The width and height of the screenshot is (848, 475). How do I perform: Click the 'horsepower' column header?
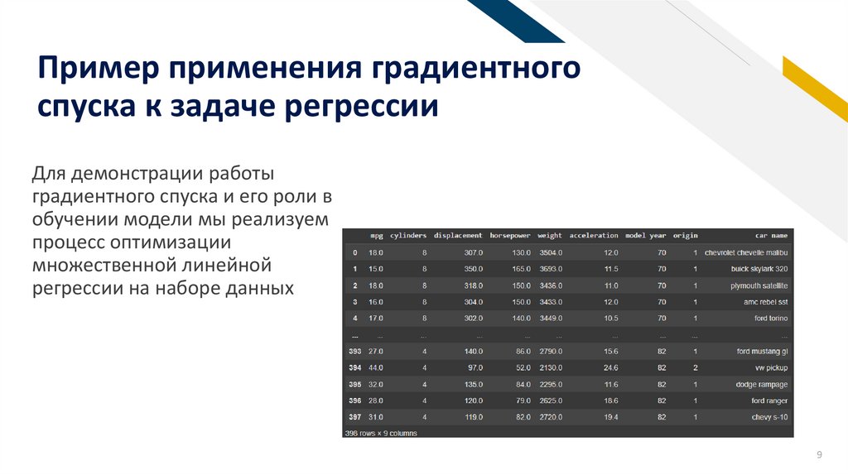[x=509, y=236]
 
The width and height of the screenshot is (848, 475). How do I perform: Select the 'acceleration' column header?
[x=594, y=236]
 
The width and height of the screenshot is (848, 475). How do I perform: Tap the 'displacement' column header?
[x=457, y=236]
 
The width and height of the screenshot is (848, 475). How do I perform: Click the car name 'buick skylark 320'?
[x=759, y=269]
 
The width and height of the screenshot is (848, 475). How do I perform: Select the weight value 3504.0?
[x=550, y=252]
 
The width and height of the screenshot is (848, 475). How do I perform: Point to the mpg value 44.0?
[x=375, y=367]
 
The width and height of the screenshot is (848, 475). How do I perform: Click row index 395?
[x=354, y=384]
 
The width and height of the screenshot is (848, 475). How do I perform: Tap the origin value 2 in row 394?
[x=696, y=367]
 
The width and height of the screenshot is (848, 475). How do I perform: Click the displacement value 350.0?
[x=473, y=269]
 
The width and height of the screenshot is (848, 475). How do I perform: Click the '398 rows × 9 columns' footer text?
[x=381, y=433]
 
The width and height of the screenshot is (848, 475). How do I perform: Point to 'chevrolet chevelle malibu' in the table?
[x=745, y=252]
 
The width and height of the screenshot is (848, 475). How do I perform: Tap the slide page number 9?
[x=819, y=455]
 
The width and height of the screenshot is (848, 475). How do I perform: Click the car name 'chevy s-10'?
[x=770, y=417]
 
